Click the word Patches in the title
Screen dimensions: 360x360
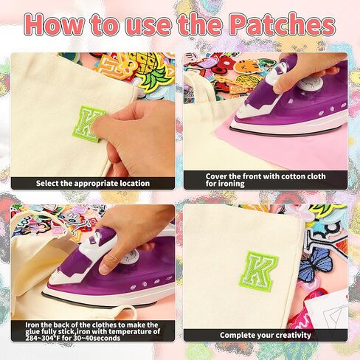click(x=281, y=24)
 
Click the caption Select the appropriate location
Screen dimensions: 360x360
click(x=93, y=183)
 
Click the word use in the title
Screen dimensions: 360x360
click(x=135, y=24)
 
